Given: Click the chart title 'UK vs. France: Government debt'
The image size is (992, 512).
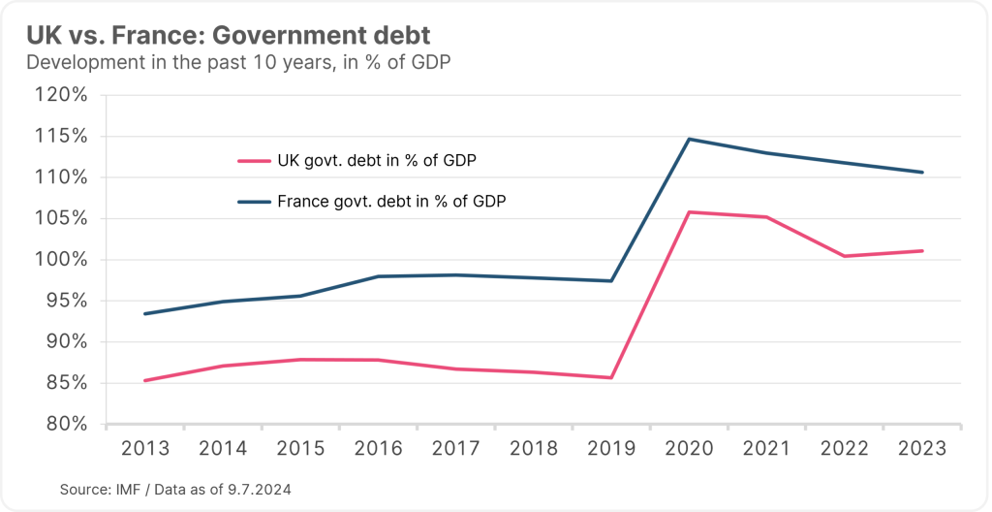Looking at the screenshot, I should [229, 35].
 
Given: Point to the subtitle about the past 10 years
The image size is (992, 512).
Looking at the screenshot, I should [238, 63].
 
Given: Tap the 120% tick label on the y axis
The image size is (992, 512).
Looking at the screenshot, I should [63, 95].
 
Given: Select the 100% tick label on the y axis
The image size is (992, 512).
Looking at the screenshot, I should [63, 260].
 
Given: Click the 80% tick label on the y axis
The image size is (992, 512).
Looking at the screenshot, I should [68, 425].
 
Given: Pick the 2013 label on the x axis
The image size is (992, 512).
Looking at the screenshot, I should [144, 449].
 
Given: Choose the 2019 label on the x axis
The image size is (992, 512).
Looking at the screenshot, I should [611, 449].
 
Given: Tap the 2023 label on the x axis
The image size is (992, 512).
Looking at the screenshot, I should [922, 449].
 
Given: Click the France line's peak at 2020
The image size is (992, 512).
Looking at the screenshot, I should [689, 139].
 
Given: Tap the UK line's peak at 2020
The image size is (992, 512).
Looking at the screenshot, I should [689, 211].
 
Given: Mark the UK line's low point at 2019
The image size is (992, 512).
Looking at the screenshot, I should [611, 377].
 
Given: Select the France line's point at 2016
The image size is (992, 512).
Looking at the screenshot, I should [378, 276].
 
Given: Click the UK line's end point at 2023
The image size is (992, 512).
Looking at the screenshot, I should [922, 251].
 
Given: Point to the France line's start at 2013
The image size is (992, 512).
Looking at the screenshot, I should [144, 313].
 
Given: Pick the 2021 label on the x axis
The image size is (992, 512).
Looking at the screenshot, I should [766, 449].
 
